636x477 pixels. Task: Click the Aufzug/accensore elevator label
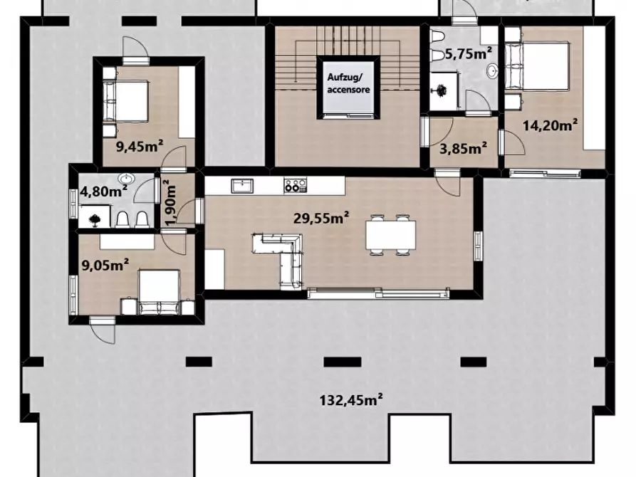(x=348, y=83)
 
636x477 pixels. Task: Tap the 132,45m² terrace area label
(x=351, y=400)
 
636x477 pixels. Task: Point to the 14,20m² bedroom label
(x=551, y=125)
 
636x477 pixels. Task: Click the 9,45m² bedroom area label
(x=140, y=146)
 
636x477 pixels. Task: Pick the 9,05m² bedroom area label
(x=105, y=266)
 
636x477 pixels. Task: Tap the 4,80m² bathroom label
(x=104, y=190)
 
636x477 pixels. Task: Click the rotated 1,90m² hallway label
(x=171, y=202)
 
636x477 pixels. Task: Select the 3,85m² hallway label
(x=464, y=149)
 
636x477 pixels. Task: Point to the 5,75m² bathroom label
(x=469, y=53)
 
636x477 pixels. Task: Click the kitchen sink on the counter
(x=242, y=186)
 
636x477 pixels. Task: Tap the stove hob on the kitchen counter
(x=296, y=185)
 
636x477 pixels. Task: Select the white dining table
(x=390, y=235)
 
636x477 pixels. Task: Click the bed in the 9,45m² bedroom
(x=125, y=101)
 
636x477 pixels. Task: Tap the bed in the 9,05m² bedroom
(x=159, y=292)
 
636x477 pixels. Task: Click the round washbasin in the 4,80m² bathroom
(x=127, y=179)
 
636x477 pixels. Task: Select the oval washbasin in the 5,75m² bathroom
(x=492, y=70)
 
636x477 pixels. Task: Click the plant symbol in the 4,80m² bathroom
(x=95, y=219)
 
